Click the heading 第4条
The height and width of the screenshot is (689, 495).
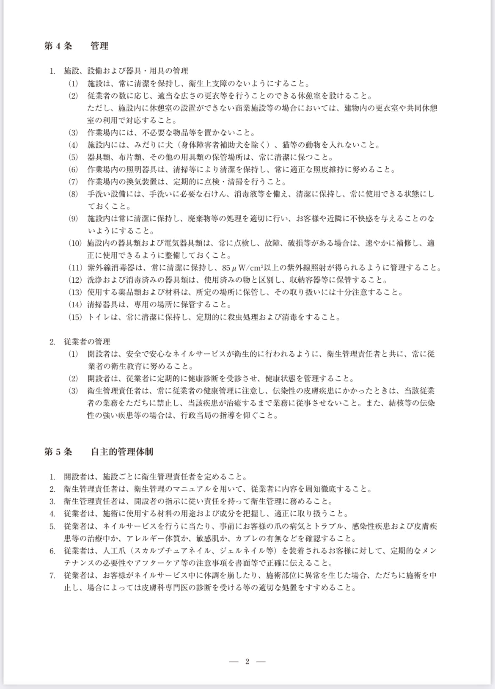coord(58,46)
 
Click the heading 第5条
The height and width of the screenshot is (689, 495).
coord(58,452)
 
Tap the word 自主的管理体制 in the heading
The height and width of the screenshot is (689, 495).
coord(122,452)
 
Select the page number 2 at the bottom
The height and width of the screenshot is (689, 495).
coord(247,662)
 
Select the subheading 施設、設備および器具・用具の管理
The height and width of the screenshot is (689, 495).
coord(126,71)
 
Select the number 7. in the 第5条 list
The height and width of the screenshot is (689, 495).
coord(52,576)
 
